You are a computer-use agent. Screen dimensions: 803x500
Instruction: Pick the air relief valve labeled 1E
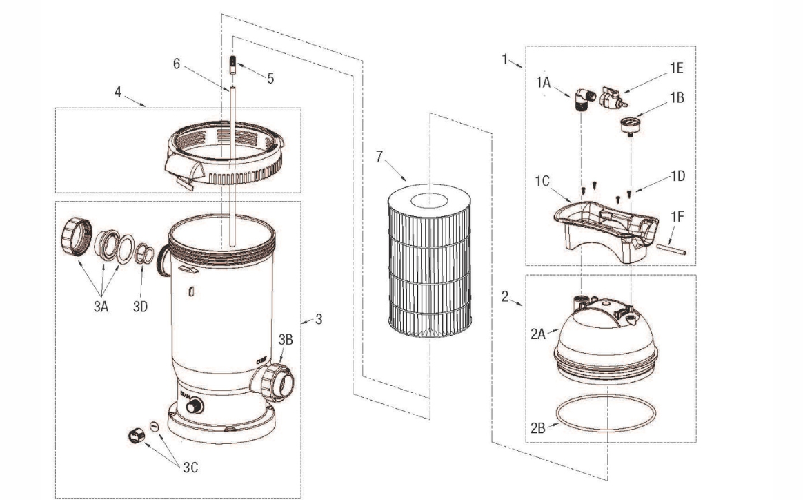[x=612, y=98]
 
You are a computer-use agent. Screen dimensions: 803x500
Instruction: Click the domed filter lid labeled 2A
[x=606, y=338]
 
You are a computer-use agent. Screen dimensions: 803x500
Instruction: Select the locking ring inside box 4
[x=224, y=154]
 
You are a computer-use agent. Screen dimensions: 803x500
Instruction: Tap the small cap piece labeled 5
[x=232, y=65]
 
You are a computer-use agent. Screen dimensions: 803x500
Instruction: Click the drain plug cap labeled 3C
[x=136, y=436]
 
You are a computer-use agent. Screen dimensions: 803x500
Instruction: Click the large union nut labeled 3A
[x=77, y=236]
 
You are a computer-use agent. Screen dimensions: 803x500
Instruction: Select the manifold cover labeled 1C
[x=606, y=232]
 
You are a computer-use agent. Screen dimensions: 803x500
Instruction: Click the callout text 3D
[x=140, y=307]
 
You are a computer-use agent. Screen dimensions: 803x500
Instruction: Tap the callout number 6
[x=176, y=64]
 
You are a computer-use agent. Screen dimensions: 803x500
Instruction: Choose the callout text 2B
[x=537, y=427]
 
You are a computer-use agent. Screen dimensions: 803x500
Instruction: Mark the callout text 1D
[x=677, y=176]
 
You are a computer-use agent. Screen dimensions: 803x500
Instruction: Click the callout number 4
[x=118, y=92]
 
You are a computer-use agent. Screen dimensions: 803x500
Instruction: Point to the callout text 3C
[x=190, y=467]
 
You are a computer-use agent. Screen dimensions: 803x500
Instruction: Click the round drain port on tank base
[x=194, y=406]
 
